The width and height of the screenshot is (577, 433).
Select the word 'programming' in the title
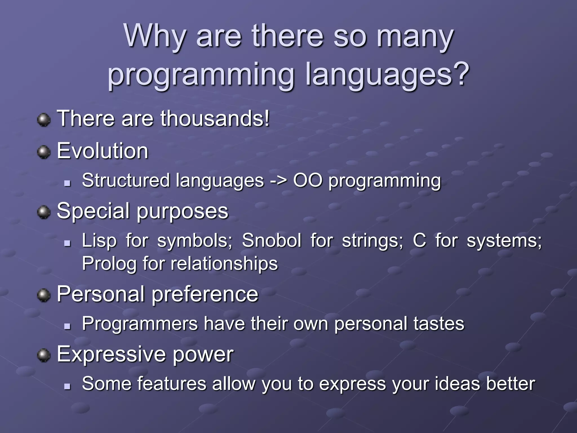(201, 76)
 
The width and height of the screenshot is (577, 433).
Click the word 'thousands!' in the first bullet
(215, 118)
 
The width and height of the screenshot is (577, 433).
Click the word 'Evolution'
(103, 151)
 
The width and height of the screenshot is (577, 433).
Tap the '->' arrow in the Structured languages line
(278, 181)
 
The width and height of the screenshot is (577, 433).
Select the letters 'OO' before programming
(307, 180)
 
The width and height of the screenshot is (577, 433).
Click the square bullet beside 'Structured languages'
(67, 183)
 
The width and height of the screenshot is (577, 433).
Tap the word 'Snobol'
(271, 240)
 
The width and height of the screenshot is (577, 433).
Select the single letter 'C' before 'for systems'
(419, 240)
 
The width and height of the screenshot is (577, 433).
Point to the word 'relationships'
(224, 264)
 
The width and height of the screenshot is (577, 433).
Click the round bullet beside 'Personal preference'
(44, 295)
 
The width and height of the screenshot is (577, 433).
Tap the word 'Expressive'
(111, 354)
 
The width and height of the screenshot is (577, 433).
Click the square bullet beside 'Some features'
(67, 386)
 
